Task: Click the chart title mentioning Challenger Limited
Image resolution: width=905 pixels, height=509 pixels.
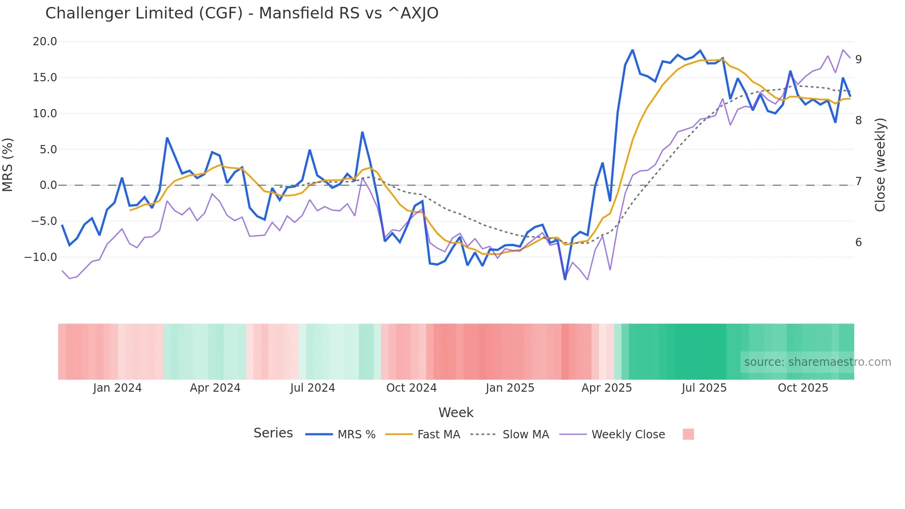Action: pyautogui.click(x=241, y=13)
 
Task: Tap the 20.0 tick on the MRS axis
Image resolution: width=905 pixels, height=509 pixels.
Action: pyautogui.click(x=45, y=42)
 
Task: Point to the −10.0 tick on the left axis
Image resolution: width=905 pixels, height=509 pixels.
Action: pyautogui.click(x=41, y=257)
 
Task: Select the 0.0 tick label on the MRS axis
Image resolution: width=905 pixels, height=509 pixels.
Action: pyautogui.click(x=48, y=185)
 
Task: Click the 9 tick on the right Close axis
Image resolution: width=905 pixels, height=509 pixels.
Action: pyautogui.click(x=858, y=59)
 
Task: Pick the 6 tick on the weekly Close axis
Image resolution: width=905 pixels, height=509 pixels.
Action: pyautogui.click(x=858, y=242)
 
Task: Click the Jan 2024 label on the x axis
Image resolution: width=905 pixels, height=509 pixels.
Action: pyautogui.click(x=117, y=388)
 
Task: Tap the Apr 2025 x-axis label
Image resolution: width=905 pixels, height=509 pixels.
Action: pyautogui.click(x=606, y=388)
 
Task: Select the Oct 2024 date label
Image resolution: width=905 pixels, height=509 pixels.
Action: pyautogui.click(x=411, y=388)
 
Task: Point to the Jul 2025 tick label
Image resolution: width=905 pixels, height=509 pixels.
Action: pyautogui.click(x=704, y=388)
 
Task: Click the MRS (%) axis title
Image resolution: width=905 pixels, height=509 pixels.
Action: pyautogui.click(x=8, y=165)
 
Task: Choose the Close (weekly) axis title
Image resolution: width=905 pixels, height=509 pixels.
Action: pyautogui.click(x=880, y=165)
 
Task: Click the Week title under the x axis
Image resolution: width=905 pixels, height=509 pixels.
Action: pyautogui.click(x=456, y=412)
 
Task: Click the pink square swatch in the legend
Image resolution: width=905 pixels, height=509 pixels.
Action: pyautogui.click(x=688, y=434)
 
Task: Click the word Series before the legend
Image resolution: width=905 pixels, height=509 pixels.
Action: pyautogui.click(x=273, y=433)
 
